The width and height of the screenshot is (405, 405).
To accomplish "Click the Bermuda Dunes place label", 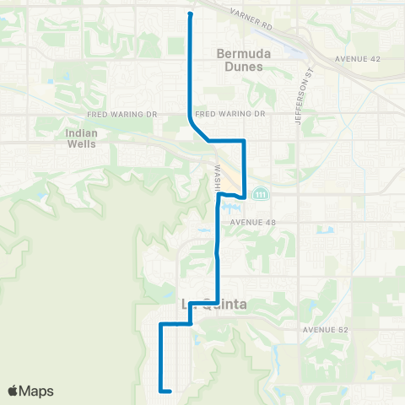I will coord(240,61).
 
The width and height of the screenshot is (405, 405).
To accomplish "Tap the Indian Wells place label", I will coord(81,138).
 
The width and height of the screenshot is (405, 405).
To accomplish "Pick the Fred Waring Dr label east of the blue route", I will coord(229,114).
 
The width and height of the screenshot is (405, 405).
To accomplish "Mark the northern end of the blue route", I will coord(190,13).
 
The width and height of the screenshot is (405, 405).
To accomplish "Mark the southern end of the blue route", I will coord(170,391).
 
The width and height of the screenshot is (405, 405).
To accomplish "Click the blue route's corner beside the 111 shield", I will coord(244,197).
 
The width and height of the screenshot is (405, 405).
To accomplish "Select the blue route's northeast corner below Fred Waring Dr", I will coord(244,140).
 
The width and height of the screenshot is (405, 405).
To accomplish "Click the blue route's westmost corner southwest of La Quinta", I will coord(160,324).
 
